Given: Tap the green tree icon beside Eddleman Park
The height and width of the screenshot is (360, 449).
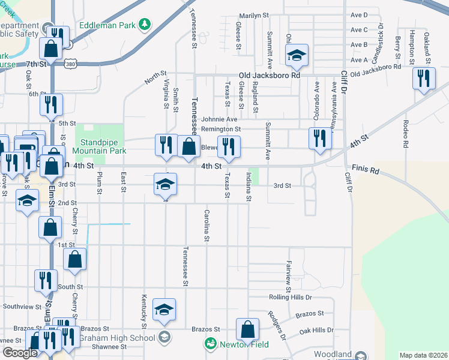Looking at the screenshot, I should pyautogui.click(x=144, y=25).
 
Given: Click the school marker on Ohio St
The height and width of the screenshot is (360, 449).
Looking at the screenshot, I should pyautogui.click(x=296, y=56).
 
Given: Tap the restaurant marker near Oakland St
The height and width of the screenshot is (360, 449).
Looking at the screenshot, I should pyautogui.click(x=424, y=79).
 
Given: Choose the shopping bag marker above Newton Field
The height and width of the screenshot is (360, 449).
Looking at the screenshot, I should pyautogui.click(x=247, y=329).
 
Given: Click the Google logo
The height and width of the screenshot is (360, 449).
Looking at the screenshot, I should pyautogui.click(x=20, y=353).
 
